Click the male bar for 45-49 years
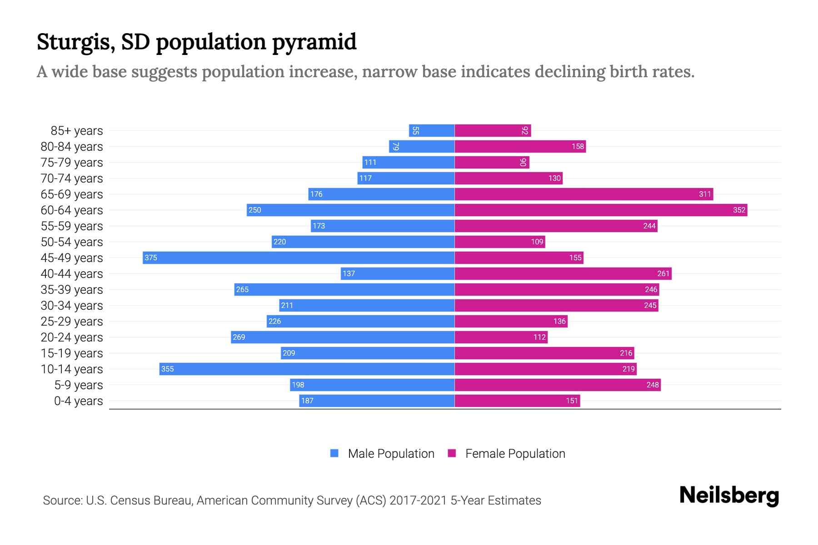coord(299,258)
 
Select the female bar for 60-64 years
coord(601,210)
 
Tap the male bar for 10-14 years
coord(307,369)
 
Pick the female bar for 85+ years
coord(493,130)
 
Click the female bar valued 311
coord(584,194)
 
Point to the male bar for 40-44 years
coord(398,273)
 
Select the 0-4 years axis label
coord(78,401)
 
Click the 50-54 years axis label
coord(72,242)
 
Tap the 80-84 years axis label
coord(72,147)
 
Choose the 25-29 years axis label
coord(72,322)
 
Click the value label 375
coord(151,258)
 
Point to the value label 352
coord(739,210)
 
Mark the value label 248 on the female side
coord(653,385)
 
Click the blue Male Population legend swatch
coord(334,453)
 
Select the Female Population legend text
coord(515,453)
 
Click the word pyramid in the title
coord(314,42)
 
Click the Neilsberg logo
coord(729,495)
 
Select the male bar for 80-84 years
coord(422,146)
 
